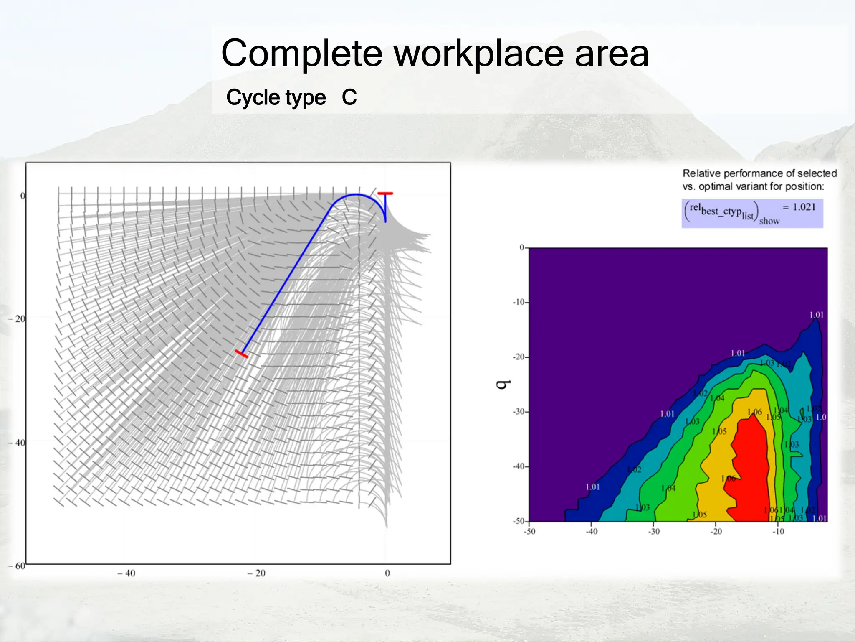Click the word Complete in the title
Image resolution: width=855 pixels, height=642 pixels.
(301, 53)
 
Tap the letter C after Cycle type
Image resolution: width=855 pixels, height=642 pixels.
(349, 97)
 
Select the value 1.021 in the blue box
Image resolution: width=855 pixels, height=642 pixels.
(804, 207)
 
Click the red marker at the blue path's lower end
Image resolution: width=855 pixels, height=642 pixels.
(241, 354)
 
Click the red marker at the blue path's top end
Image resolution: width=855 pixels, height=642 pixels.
(385, 194)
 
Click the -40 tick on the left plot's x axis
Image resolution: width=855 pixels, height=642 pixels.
(126, 573)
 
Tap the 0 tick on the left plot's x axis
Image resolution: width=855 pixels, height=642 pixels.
(387, 573)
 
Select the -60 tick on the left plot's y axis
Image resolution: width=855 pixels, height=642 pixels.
(17, 566)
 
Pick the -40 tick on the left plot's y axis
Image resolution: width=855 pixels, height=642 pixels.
(17, 443)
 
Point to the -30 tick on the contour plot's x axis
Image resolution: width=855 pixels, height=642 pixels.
(654, 532)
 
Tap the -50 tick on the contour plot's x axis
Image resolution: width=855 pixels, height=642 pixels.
(529, 532)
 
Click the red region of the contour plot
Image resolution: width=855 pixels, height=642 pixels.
(751, 468)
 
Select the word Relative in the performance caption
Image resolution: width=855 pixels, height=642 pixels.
(701, 173)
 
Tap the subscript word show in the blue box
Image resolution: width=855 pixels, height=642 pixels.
(769, 221)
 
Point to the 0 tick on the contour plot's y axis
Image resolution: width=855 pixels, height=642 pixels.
(522, 247)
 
